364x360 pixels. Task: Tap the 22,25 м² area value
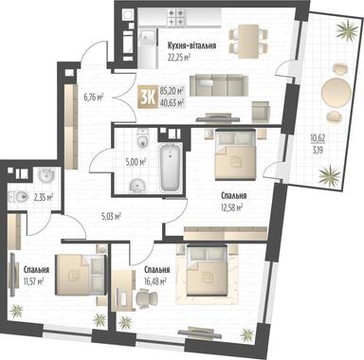[182, 56]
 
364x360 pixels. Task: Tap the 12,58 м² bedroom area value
[231, 207]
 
